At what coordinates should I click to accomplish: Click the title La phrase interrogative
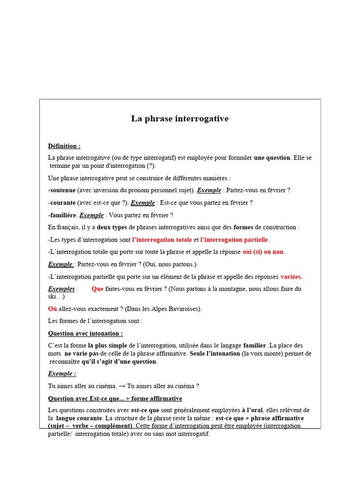coord(180,119)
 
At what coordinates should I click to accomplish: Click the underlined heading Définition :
coord(64,146)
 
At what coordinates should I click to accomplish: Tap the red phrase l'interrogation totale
coord(162,240)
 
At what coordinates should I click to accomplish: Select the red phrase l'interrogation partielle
coord(234,240)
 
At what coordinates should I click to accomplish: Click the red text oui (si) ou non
coord(263,252)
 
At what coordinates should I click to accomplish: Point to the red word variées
coord(291,277)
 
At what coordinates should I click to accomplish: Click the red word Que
coord(97,289)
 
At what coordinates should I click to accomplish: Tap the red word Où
coord(52,309)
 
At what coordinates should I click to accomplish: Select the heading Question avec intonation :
coord(85,333)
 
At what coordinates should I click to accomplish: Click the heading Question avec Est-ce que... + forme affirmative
coord(115,398)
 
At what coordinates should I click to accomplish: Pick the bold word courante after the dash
coord(63,202)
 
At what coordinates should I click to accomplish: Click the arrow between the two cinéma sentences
coord(122,386)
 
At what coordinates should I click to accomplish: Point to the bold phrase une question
coord(272,157)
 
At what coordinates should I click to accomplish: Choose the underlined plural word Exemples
coord(61,289)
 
